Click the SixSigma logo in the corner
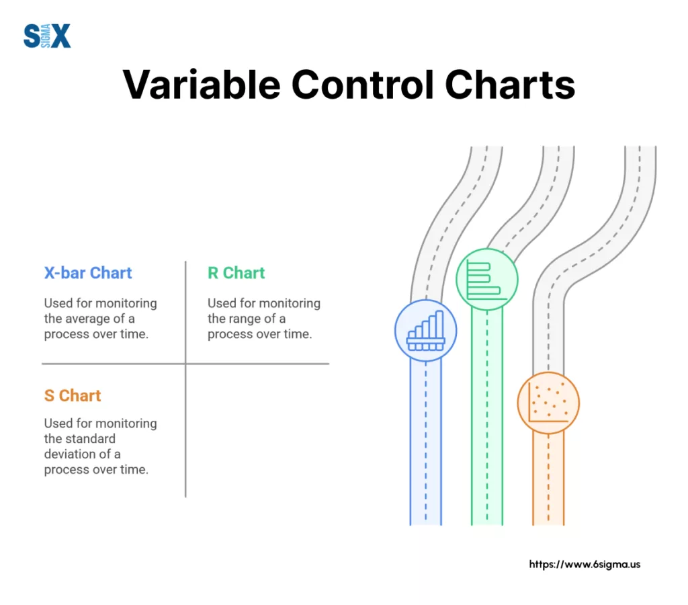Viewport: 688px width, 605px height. (47, 36)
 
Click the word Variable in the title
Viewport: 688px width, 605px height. (202, 84)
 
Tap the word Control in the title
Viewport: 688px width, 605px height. (362, 84)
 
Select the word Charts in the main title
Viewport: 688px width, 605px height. (510, 84)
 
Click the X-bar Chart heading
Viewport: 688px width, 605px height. (88, 273)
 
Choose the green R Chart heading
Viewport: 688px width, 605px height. (236, 273)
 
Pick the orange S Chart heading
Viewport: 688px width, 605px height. (73, 395)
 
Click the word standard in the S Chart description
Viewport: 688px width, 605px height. (91, 438)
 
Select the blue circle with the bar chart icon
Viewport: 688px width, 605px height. (425, 331)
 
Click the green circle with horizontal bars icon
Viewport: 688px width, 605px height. (487, 279)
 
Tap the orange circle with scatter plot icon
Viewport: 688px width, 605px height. (548, 403)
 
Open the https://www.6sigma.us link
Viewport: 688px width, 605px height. (585, 564)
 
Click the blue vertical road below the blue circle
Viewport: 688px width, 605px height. (425, 442)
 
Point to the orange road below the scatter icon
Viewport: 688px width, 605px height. (548, 479)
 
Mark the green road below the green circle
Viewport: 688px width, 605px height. (487, 417)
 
